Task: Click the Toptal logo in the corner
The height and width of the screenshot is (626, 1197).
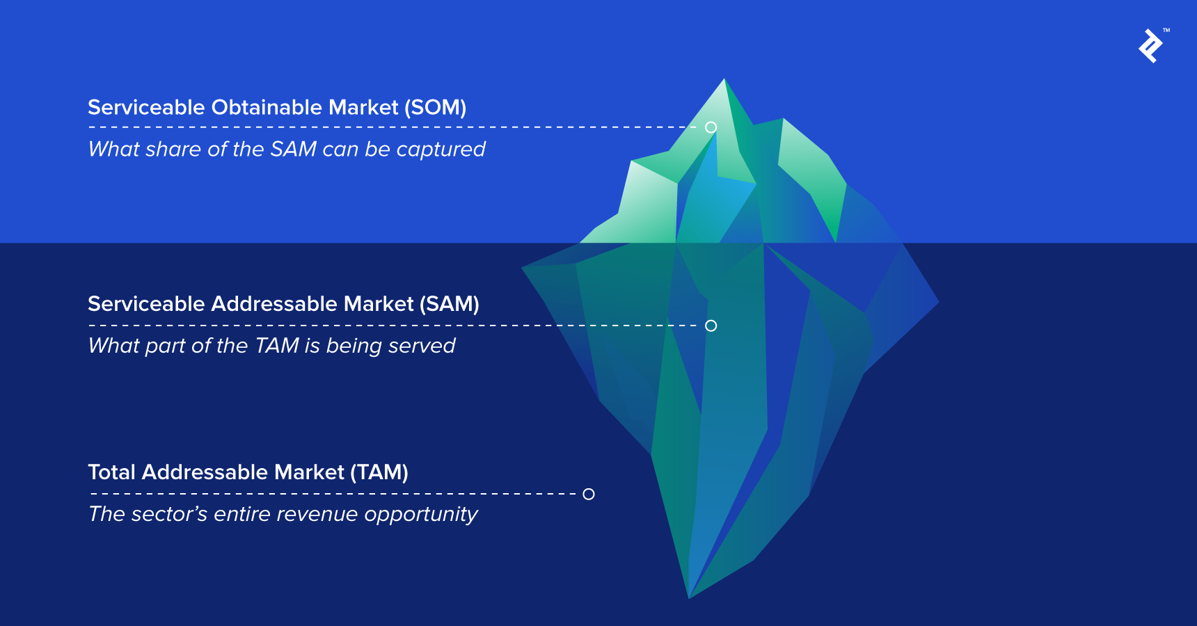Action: (x=1150, y=46)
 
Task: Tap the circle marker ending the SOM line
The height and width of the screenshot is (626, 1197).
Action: (x=711, y=127)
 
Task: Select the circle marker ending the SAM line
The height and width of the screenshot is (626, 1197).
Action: (x=711, y=326)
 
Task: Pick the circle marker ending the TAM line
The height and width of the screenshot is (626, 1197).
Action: (x=589, y=494)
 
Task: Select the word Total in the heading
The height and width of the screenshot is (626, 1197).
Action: (x=111, y=472)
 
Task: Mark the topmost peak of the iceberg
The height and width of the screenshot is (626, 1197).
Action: (x=724, y=81)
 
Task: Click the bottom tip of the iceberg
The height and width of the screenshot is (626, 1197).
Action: (x=689, y=595)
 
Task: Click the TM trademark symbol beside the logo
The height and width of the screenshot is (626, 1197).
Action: (x=1166, y=31)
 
